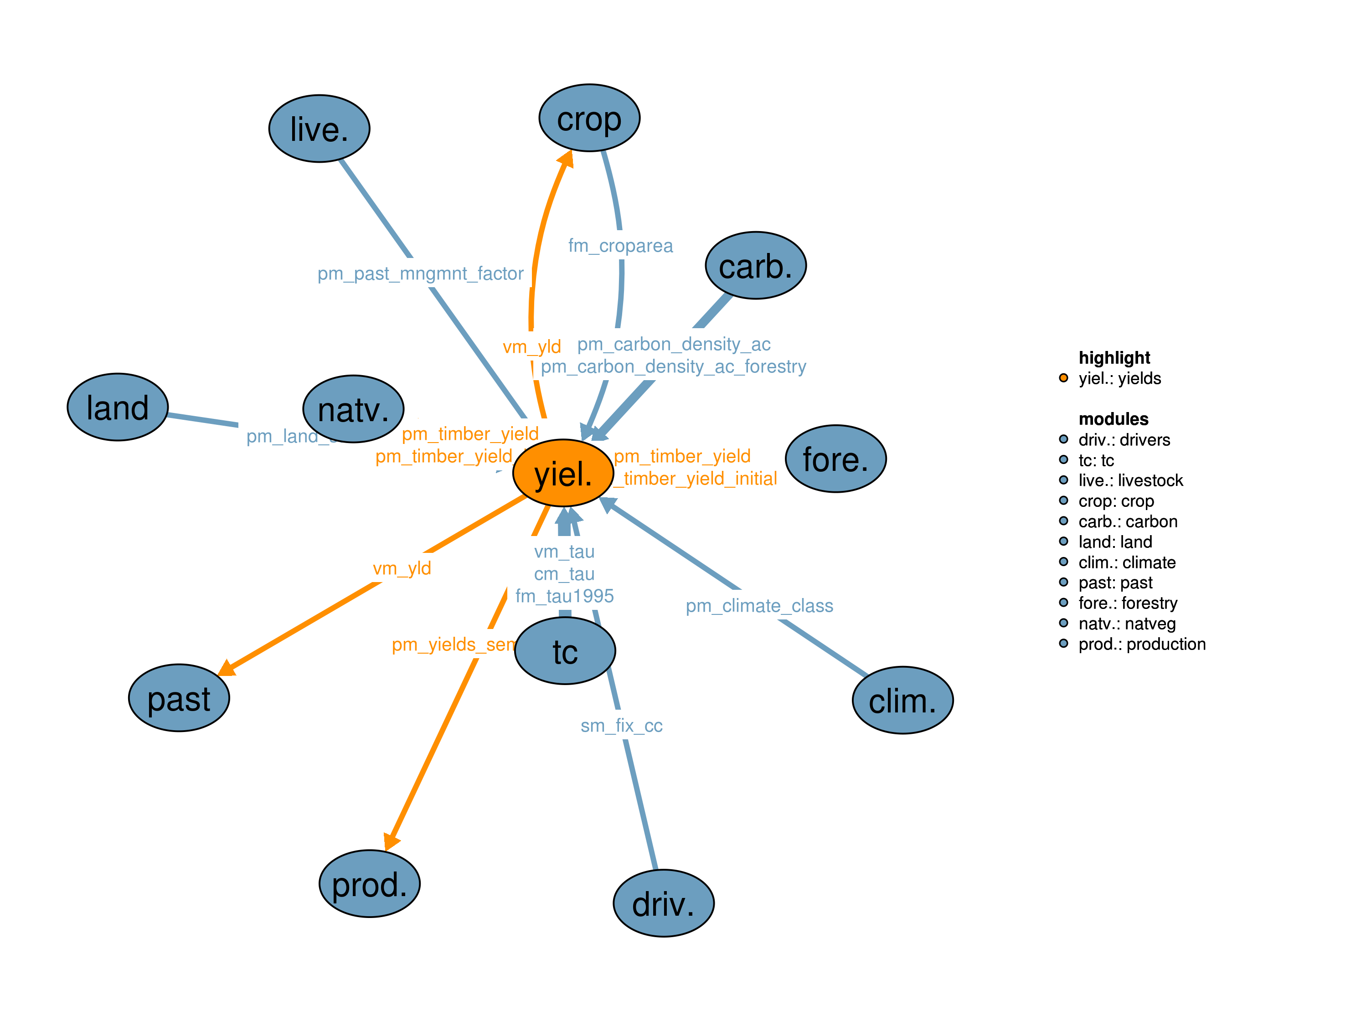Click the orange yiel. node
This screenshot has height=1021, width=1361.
[x=563, y=473]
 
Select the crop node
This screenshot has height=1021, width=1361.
[x=589, y=118]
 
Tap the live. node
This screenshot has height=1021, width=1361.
[x=320, y=129]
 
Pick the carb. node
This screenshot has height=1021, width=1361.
[x=756, y=266]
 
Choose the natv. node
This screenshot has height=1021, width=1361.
[x=353, y=409]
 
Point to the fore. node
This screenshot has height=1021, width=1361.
[x=835, y=459]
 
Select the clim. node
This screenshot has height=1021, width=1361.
[x=902, y=701]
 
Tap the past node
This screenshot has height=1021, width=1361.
[x=179, y=698]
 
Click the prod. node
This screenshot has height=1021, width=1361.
[x=369, y=884]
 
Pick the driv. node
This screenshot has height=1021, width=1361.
[x=663, y=903]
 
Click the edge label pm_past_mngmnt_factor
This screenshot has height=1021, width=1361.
[x=420, y=273]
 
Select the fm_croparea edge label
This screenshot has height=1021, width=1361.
[x=620, y=246]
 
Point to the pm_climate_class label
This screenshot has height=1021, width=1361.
[x=759, y=606]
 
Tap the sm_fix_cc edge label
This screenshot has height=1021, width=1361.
[x=621, y=726]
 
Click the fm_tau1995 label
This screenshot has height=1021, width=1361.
[x=564, y=596]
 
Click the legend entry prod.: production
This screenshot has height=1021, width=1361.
[x=1141, y=644]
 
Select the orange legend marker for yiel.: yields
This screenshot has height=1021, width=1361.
[x=1063, y=378]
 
